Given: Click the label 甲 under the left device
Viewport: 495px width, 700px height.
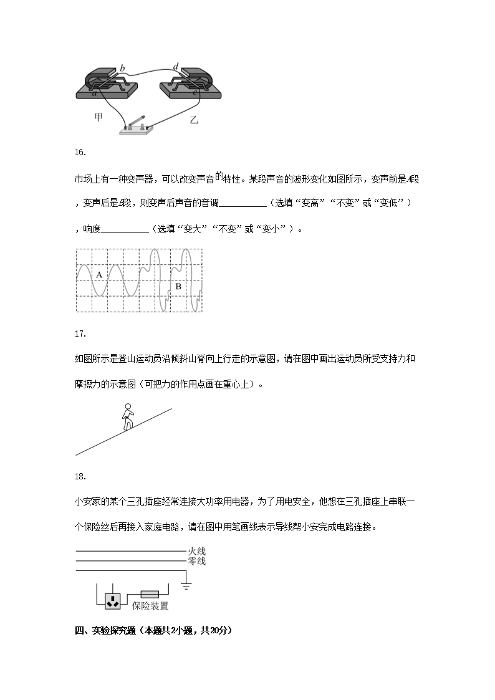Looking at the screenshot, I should coord(98,117).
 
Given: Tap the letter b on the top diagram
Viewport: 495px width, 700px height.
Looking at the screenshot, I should coord(122,67).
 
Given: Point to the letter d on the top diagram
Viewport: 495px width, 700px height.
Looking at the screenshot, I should coord(176,67).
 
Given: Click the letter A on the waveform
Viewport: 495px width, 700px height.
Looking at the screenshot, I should coord(99,274).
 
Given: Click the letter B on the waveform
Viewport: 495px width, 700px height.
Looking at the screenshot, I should coord(178,286).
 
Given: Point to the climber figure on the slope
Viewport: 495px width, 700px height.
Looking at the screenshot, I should coord(128,417).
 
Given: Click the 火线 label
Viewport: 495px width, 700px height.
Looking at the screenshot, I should coord(196,551).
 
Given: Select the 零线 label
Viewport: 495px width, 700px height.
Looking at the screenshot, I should coord(196,561).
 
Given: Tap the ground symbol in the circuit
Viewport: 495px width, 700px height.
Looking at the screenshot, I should coord(186,585).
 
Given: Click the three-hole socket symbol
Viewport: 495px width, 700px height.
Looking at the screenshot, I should coord(113,601).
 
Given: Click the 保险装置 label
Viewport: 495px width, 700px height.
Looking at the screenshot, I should coord(150,605).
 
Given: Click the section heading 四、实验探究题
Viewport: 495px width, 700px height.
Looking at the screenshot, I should coord(153,630).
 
